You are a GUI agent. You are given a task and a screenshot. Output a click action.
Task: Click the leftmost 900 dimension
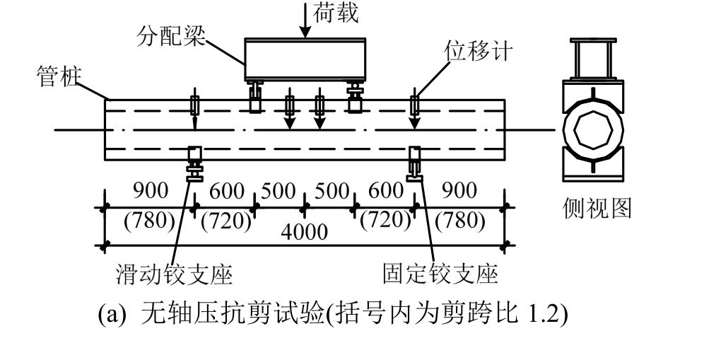coord(151,191)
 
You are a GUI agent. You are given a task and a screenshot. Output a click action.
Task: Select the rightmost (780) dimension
coord(460,221)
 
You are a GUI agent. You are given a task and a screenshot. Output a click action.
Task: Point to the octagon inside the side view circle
coord(593,132)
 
